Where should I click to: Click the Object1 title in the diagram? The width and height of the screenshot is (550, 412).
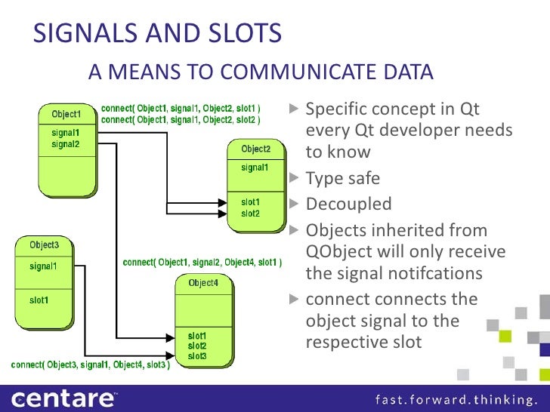pyautogui.click(x=66, y=115)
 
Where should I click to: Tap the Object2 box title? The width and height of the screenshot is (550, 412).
pyautogui.click(x=256, y=149)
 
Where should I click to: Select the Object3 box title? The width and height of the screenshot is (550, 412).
pyautogui.click(x=44, y=245)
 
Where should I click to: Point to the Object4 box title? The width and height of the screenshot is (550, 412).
pyautogui.click(x=202, y=283)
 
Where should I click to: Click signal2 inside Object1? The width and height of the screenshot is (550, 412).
pyautogui.click(x=66, y=143)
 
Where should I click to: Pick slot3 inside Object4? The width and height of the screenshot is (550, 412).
pyautogui.click(x=198, y=355)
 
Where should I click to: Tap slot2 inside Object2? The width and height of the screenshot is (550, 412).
pyautogui.click(x=251, y=214)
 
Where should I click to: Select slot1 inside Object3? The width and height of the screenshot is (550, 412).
pyautogui.click(x=40, y=300)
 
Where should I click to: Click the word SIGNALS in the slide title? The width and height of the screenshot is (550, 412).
pyautogui.click(x=84, y=33)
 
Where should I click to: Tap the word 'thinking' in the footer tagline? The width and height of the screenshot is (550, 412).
pyautogui.click(x=505, y=398)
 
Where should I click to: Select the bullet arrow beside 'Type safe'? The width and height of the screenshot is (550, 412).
pyautogui.click(x=295, y=179)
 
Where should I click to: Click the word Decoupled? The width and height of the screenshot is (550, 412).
pyautogui.click(x=348, y=204)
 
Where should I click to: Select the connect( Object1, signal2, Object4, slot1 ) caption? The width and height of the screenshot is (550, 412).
pyautogui.click(x=202, y=263)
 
